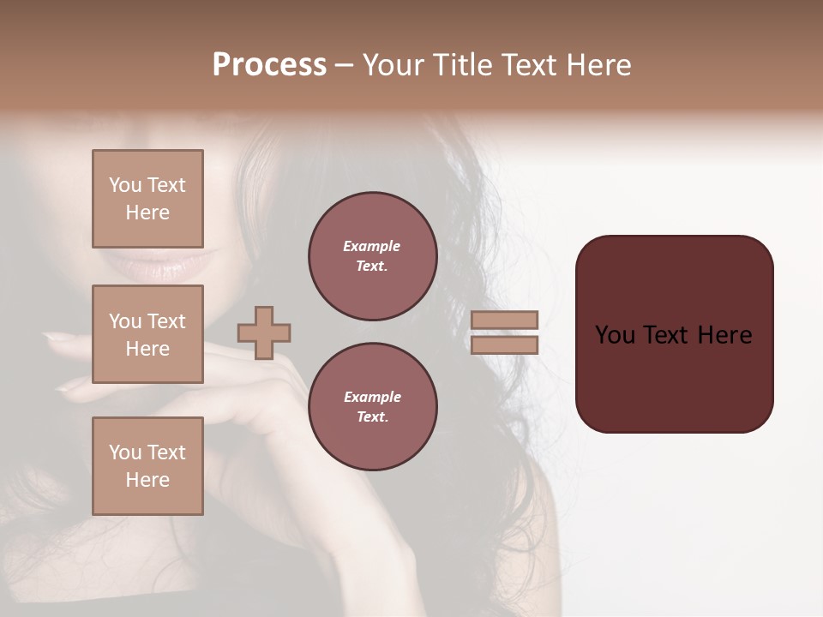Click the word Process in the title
point(269,65)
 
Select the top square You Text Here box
point(147,199)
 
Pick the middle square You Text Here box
point(147,334)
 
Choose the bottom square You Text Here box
point(147,466)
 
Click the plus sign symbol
point(264,332)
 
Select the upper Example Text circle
point(373,256)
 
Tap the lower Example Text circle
point(373,407)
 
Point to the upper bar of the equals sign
point(504,320)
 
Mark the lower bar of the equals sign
point(504,345)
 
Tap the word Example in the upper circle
point(372,246)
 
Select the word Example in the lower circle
point(372,397)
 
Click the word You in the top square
point(125,185)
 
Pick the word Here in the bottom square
point(147,480)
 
